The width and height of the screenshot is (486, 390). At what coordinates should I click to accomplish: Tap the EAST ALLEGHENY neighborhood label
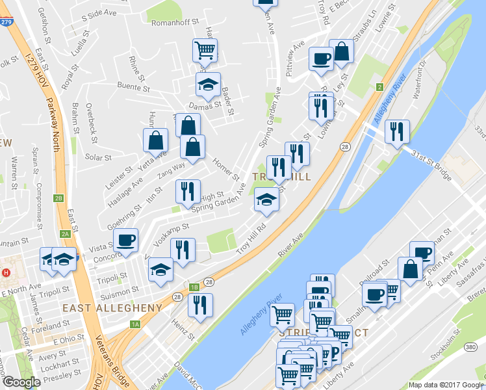point(112,307)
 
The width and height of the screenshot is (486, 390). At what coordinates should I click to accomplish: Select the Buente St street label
point(134,85)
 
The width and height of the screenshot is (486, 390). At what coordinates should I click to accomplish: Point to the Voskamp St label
point(170,229)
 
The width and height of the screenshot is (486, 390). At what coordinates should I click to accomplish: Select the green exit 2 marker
point(379,86)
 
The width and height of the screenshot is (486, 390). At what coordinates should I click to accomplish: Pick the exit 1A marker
point(135,324)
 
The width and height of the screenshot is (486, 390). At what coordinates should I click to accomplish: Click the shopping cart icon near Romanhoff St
point(205,49)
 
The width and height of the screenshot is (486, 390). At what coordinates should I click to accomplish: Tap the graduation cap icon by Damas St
point(208,84)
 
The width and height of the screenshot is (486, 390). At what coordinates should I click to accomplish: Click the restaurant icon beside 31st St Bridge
point(396,131)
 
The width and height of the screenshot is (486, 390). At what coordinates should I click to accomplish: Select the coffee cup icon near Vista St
point(126,240)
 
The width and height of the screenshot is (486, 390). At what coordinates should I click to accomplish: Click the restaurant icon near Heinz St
point(200,304)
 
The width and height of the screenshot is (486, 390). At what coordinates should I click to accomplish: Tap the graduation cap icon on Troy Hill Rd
point(266,200)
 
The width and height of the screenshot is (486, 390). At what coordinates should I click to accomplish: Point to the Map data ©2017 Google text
point(446,385)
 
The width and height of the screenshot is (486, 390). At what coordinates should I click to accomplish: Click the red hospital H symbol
point(6,272)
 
